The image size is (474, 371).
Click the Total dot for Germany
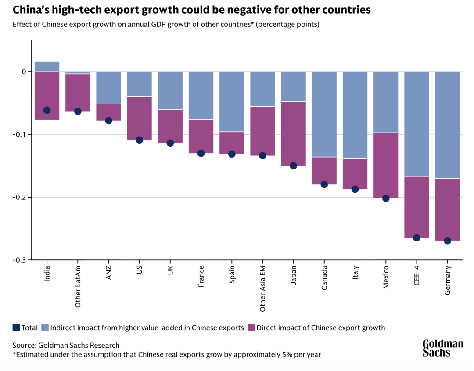click(x=447, y=241)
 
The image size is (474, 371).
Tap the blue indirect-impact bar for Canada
click(x=324, y=114)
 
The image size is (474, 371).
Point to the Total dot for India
click(x=47, y=110)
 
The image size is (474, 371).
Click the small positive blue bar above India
click(x=47, y=67)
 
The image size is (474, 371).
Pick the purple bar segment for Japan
click(x=294, y=132)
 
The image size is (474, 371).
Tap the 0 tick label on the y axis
click(x=24, y=72)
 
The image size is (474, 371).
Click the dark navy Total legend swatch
click(x=16, y=328)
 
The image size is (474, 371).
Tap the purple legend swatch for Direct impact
click(x=251, y=328)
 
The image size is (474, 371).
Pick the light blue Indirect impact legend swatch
click(x=45, y=328)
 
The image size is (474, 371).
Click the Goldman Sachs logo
click(x=442, y=348)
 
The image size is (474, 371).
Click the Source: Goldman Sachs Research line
click(x=66, y=345)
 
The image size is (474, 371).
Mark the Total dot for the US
click(x=140, y=140)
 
